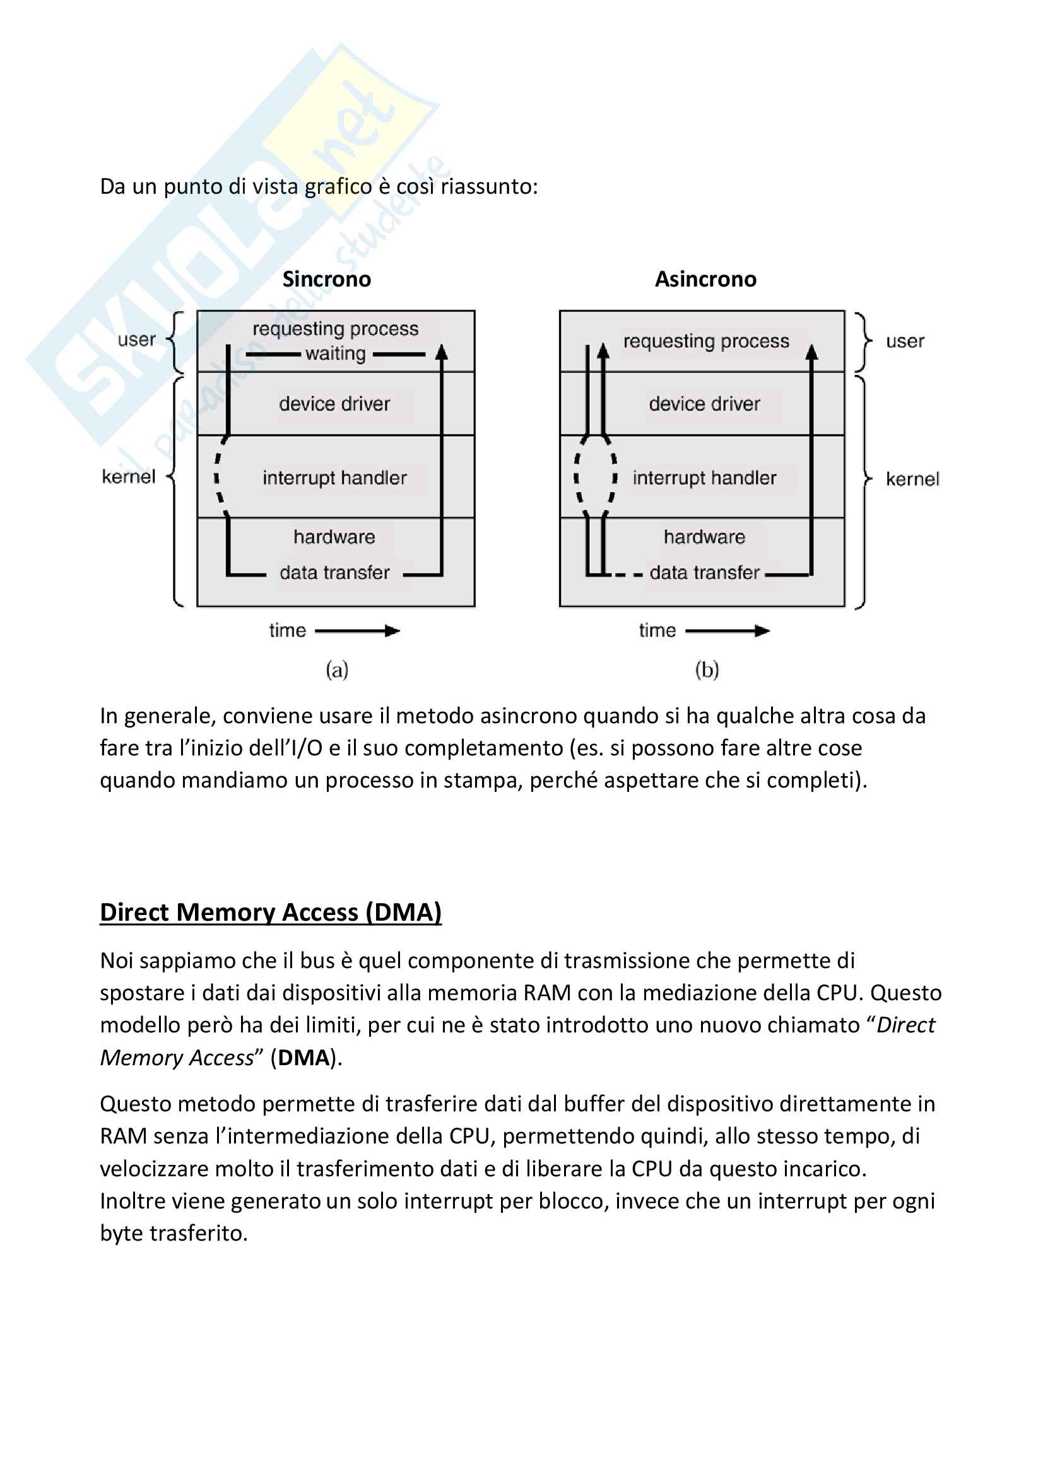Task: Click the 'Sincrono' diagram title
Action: pos(326,279)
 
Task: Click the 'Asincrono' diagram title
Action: pos(705,279)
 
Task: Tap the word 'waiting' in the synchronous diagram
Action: pos(335,353)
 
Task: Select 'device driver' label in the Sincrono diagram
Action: pos(334,404)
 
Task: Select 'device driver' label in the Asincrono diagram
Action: pos(704,404)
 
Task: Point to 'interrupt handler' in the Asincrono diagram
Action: pos(704,478)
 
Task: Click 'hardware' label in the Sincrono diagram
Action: pos(334,537)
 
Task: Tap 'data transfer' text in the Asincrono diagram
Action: pos(704,572)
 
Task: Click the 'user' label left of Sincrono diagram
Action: pos(136,339)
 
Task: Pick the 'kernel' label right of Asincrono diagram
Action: pos(912,479)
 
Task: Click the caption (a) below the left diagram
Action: pos(337,670)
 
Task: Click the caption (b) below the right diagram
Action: pos(706,670)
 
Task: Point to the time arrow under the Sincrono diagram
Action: pos(357,630)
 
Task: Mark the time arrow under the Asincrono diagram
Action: pos(728,630)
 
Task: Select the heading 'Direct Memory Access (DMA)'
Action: pos(271,912)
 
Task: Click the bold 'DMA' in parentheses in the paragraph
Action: pos(303,1058)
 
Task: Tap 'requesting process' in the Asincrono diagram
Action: pos(705,341)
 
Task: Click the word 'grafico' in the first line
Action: pos(338,186)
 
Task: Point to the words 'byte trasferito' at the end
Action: pos(174,1234)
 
